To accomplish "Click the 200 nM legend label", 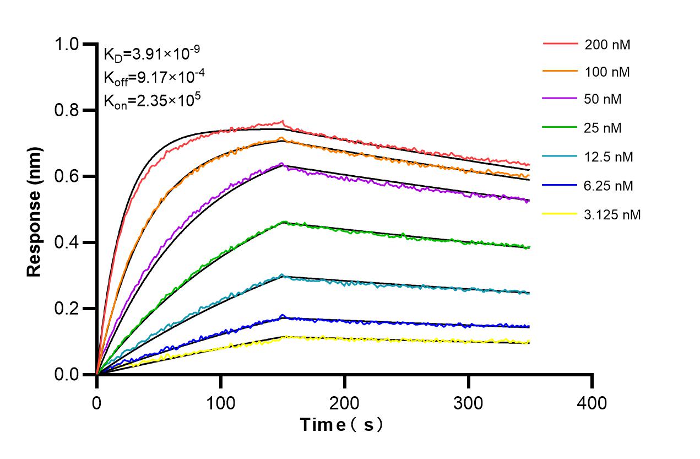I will pyautogui.click(x=607, y=45).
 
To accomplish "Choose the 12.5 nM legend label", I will pyautogui.click(x=609, y=157).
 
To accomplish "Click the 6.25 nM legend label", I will pyautogui.click(x=609, y=186).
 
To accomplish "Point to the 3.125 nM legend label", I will pyautogui.click(x=612, y=214).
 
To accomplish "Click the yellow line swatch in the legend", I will pyautogui.click(x=560, y=214).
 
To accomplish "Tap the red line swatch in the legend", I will pyautogui.click(x=560, y=44).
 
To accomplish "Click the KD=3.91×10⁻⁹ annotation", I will pyautogui.click(x=151, y=54).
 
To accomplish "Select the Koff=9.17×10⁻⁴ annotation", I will pyautogui.click(x=151, y=77).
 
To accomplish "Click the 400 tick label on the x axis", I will pyautogui.click(x=592, y=403).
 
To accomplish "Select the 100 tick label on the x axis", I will pyautogui.click(x=221, y=403).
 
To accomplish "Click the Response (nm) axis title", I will pyautogui.click(x=35, y=212).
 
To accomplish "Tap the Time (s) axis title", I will pyautogui.click(x=341, y=425).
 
